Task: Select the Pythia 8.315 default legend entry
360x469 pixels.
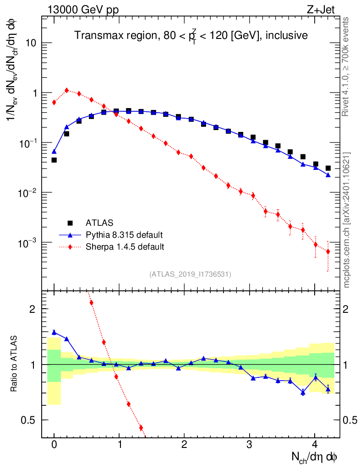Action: [x=124, y=235]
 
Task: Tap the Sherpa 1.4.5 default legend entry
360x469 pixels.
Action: [x=125, y=247]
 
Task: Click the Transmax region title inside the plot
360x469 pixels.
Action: [x=191, y=35]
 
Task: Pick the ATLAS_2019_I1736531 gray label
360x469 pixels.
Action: [x=190, y=274]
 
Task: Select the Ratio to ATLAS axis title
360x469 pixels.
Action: [x=14, y=364]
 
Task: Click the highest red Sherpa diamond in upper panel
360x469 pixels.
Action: [x=66, y=90]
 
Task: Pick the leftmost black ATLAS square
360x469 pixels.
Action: [x=54, y=160]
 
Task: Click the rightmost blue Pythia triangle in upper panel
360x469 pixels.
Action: [x=328, y=175]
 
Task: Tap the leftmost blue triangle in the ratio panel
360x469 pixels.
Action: [x=54, y=332]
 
